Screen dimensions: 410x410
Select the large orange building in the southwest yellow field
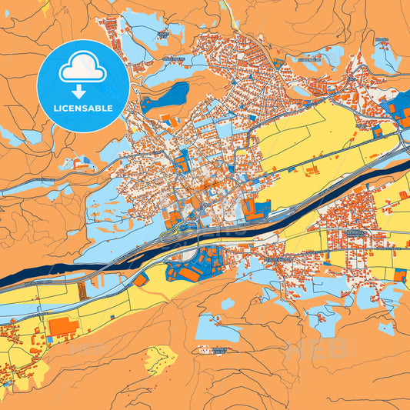click(x=63, y=326)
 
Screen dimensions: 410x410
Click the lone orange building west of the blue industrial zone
click(x=141, y=280)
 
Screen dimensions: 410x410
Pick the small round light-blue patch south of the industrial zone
click(x=228, y=304)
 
